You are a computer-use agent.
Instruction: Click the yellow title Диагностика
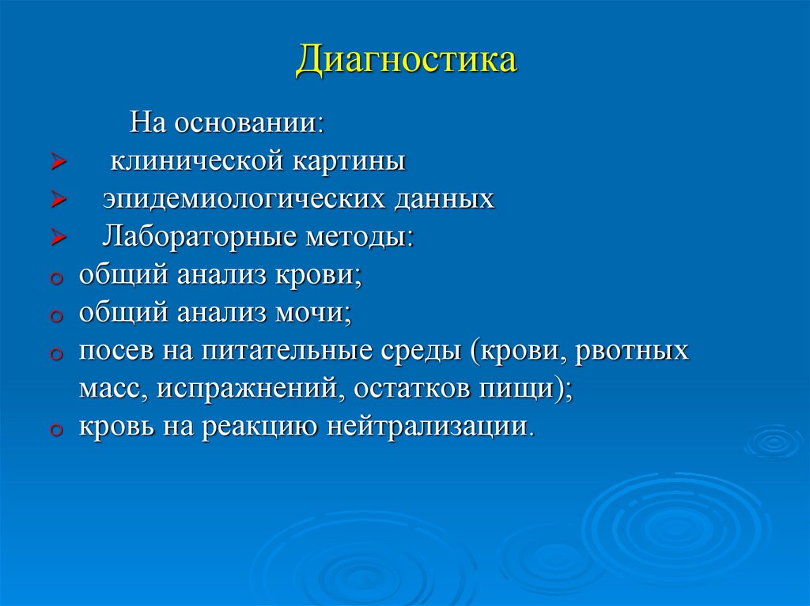click(x=407, y=61)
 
